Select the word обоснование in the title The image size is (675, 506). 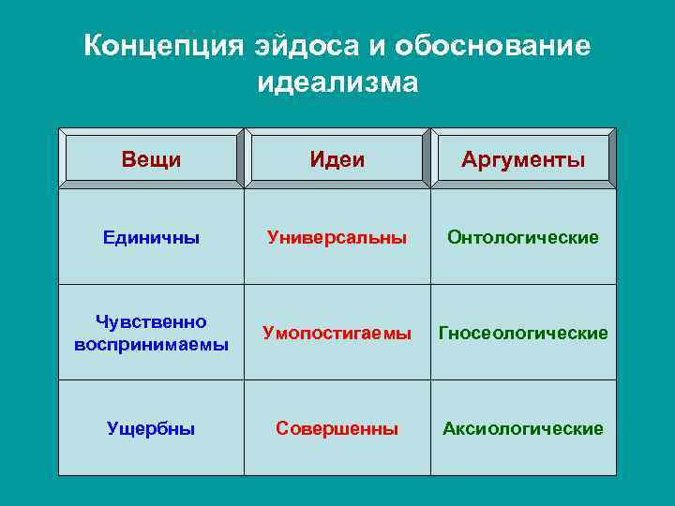click(493, 47)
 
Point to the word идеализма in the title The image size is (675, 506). click(337, 82)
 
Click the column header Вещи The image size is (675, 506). click(151, 159)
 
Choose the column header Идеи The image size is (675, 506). click(337, 160)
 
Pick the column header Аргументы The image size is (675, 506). click(523, 160)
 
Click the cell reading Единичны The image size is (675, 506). click(151, 238)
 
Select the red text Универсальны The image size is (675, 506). click(337, 238)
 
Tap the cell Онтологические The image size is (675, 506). click(523, 238)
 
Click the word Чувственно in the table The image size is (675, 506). click(151, 322)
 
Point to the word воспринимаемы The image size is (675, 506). click(151, 343)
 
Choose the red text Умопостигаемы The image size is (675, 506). click(337, 334)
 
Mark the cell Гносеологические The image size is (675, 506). click(523, 334)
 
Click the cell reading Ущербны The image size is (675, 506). click(151, 429)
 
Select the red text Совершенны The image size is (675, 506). click(337, 429)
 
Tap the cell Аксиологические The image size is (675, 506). click(523, 429)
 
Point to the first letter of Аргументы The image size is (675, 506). click(469, 160)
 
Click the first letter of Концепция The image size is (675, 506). click(93, 47)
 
